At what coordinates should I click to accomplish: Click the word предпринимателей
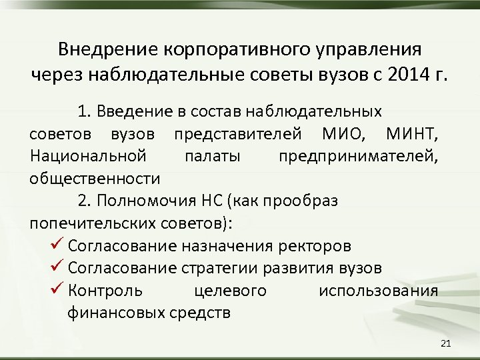pos(359,157)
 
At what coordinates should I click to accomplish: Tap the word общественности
pos(95,179)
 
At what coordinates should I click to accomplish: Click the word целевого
pos(230,291)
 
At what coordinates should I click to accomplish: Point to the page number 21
pos(446,343)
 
